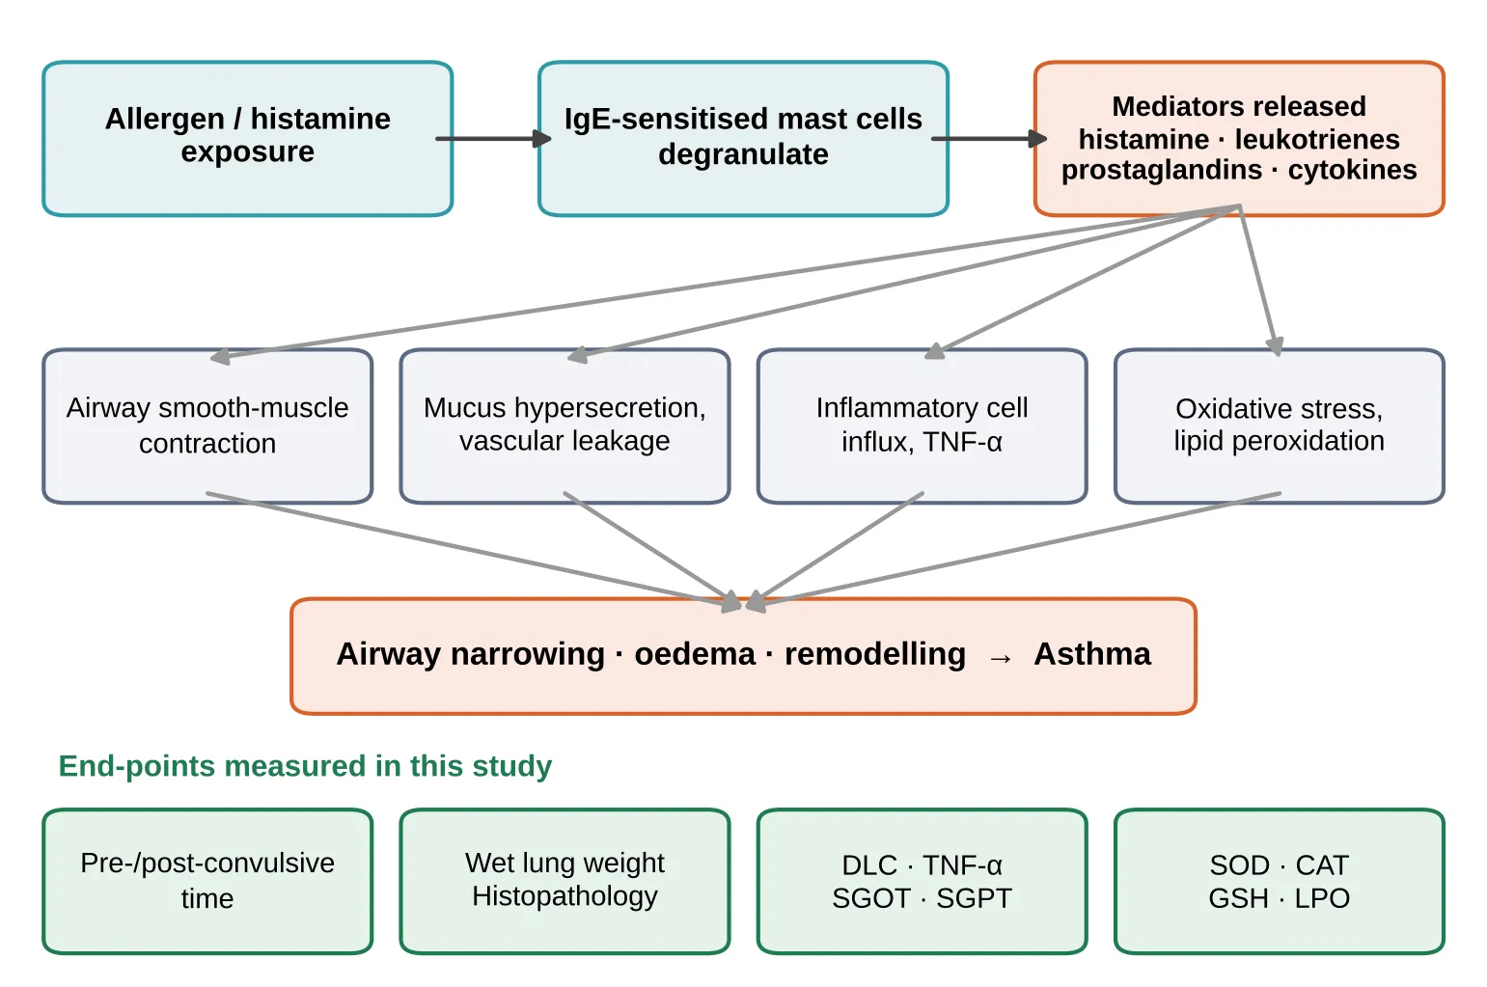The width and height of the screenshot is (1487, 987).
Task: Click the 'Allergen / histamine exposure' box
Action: tap(248, 139)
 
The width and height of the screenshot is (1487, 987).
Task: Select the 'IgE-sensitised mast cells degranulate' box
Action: tap(743, 139)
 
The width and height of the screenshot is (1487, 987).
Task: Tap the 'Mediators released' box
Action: tap(1239, 139)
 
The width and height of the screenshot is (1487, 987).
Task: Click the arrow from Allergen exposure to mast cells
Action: tap(494, 139)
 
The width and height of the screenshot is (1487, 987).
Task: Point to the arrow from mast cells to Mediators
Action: tap(990, 139)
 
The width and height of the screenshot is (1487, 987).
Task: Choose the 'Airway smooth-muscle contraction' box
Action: tap(207, 426)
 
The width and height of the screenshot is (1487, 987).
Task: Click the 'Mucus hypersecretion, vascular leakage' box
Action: tap(565, 426)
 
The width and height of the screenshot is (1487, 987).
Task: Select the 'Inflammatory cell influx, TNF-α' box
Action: tap(922, 426)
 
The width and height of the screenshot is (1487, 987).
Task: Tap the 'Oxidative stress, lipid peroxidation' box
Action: tap(1280, 426)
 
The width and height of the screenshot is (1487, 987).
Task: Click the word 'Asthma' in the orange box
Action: tap(1092, 654)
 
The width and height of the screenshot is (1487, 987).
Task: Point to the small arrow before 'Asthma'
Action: tap(1001, 658)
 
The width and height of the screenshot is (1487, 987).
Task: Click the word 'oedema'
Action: tap(695, 654)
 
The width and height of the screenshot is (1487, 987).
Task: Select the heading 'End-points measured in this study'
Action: tap(305, 766)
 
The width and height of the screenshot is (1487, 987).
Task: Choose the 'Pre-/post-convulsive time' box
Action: tap(207, 882)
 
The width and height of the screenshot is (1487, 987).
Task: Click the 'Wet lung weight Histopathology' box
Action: tap(565, 882)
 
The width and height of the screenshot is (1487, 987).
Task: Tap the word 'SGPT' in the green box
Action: tap(974, 899)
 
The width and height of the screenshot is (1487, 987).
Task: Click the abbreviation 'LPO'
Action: tap(1322, 899)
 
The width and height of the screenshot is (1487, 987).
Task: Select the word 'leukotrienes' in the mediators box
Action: tap(1317, 139)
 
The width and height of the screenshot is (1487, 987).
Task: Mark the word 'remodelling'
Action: tap(875, 654)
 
